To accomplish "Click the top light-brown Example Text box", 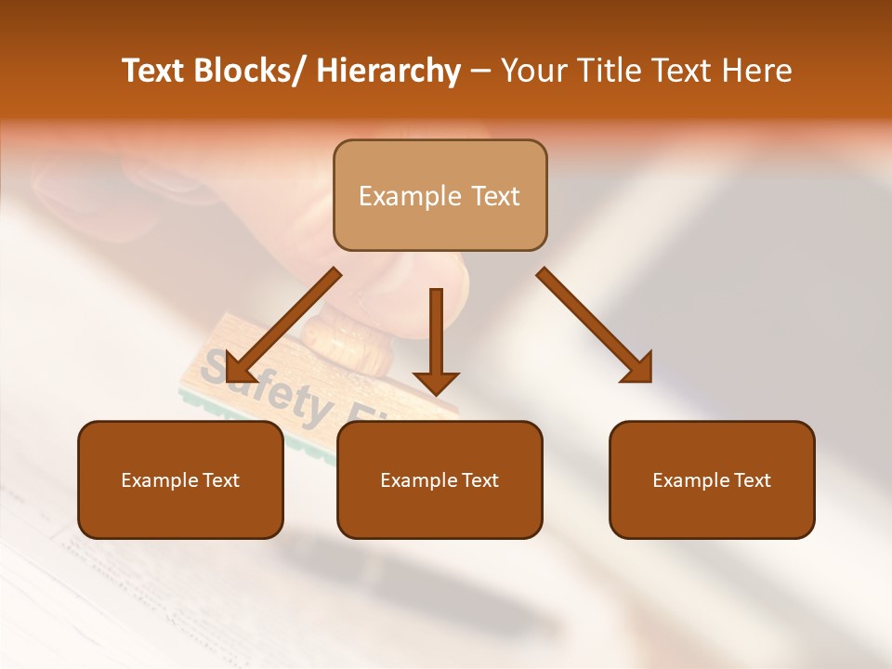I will (439, 195).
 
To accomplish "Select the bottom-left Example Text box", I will (180, 479).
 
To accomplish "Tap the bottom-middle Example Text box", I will (439, 479).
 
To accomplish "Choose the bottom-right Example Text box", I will (712, 479).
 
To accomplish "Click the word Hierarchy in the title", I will (388, 71).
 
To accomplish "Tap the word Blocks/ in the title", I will (252, 71).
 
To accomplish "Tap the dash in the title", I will (480, 71).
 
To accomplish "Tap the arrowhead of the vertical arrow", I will (436, 381).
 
